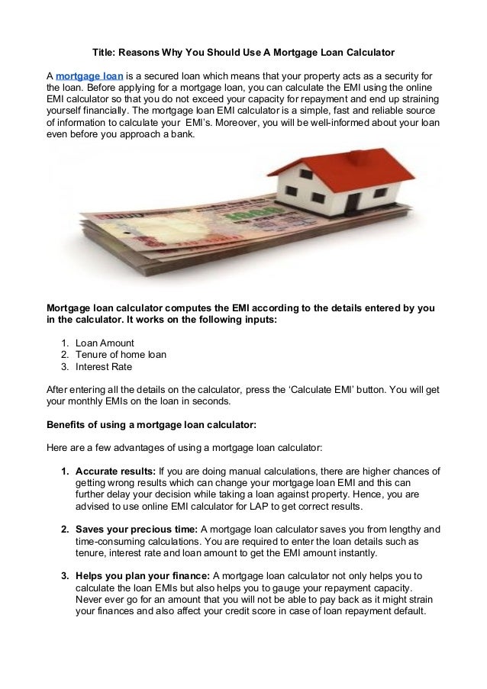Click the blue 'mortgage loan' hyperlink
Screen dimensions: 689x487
pos(84,77)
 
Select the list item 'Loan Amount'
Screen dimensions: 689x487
pos(105,343)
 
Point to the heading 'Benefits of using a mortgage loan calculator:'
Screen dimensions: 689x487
pos(152,423)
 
